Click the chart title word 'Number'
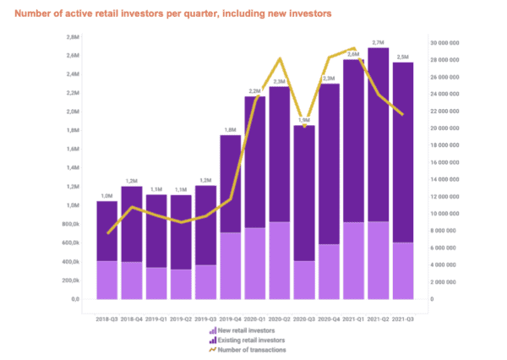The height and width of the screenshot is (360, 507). click(x=35, y=14)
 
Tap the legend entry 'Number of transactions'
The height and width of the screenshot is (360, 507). click(x=252, y=349)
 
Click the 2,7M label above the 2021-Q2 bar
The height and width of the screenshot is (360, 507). click(x=378, y=42)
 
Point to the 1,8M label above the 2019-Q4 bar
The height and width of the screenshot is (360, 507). click(x=230, y=129)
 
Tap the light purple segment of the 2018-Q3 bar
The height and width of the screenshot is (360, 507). click(x=106, y=280)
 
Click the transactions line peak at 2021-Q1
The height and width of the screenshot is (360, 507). click(x=354, y=49)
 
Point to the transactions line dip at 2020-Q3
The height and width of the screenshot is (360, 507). click(x=306, y=127)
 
